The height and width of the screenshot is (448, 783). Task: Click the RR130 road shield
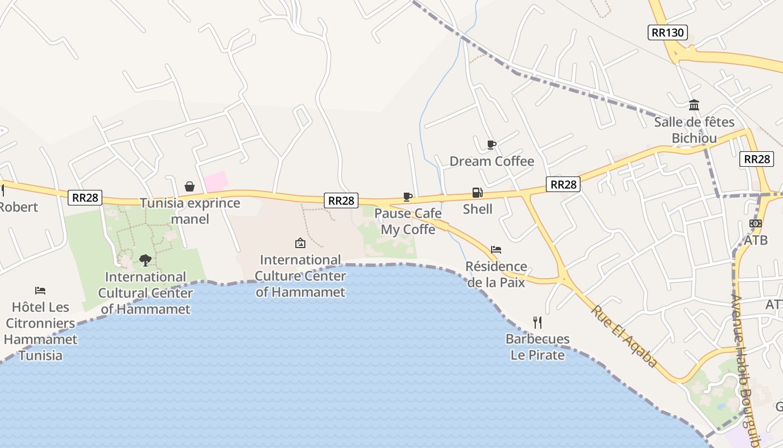point(668,32)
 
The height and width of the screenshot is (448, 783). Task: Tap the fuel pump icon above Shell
point(477,193)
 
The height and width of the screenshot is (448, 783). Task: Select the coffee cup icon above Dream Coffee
point(491,145)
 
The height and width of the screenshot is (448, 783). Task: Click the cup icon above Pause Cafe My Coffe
point(407,197)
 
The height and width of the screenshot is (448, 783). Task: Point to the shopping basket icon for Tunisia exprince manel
point(190,186)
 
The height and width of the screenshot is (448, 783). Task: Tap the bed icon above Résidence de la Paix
point(496,250)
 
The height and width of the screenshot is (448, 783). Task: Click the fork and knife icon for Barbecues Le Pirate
point(537,322)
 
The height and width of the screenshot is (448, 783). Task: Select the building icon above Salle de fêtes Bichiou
point(694,105)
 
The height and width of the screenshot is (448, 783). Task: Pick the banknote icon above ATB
point(755,223)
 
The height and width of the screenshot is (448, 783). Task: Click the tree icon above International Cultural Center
point(145,260)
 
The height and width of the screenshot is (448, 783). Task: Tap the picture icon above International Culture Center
point(300,243)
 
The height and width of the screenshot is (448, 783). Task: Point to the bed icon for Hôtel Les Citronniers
point(40,290)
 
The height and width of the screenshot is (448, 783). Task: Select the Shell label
point(478,209)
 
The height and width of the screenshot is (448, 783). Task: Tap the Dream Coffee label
point(492,161)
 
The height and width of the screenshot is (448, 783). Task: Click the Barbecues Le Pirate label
point(537,347)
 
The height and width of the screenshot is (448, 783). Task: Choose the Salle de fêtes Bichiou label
point(694,130)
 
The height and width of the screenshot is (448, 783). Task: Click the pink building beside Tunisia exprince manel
point(216,181)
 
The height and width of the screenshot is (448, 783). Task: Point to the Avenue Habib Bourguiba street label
point(745,370)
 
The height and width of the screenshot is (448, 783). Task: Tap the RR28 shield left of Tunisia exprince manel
point(85,197)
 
